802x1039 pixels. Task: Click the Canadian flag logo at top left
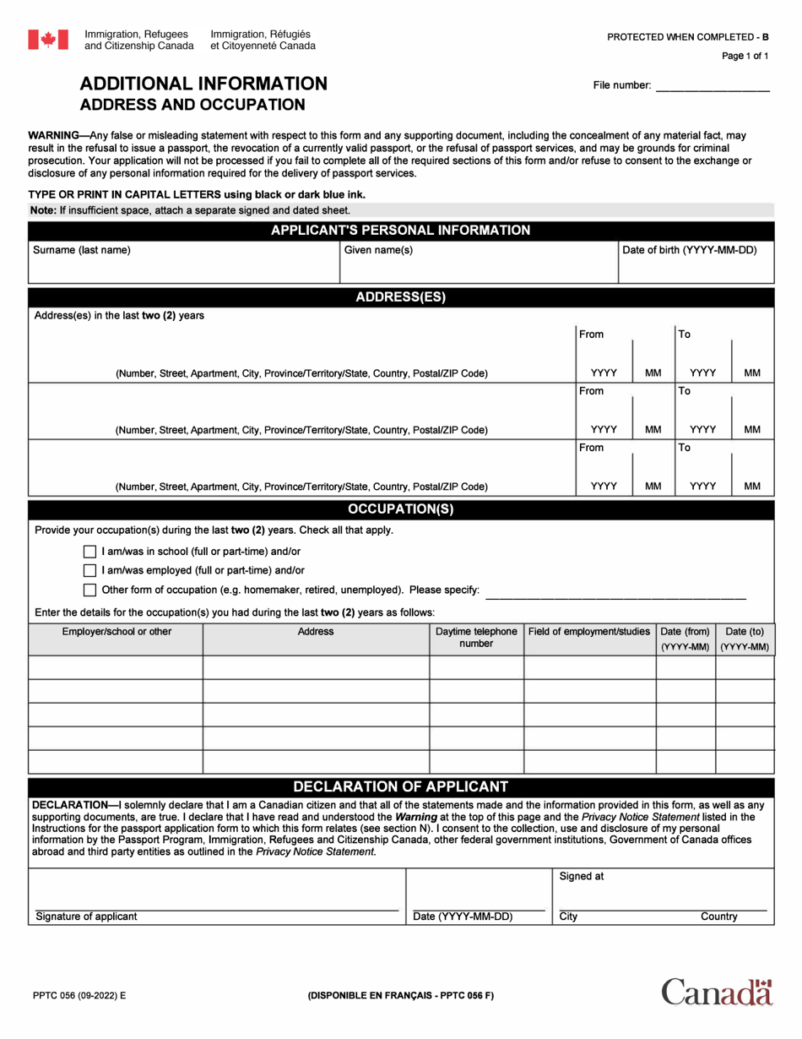(x=48, y=39)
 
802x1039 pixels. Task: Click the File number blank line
(x=713, y=86)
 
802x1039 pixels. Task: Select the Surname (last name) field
(x=183, y=269)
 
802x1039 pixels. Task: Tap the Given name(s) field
(x=477, y=269)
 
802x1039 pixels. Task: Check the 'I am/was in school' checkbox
(x=90, y=552)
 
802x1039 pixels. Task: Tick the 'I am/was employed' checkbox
(x=90, y=571)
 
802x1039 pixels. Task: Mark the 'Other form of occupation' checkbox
(x=90, y=590)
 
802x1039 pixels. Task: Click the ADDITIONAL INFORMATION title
(x=203, y=84)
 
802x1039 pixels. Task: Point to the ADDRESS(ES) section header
(x=400, y=297)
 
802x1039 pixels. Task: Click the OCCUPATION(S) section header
(x=400, y=509)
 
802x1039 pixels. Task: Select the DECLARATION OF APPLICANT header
(x=400, y=786)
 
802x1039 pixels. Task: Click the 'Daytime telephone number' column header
(x=476, y=638)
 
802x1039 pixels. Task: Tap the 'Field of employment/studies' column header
(x=589, y=632)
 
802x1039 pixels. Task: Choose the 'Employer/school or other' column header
(x=117, y=632)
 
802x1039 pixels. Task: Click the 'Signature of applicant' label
(x=86, y=917)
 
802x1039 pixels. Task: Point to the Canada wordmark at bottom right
(x=717, y=992)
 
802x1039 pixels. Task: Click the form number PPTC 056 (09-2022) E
(x=77, y=996)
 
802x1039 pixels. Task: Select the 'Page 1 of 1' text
(x=745, y=57)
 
